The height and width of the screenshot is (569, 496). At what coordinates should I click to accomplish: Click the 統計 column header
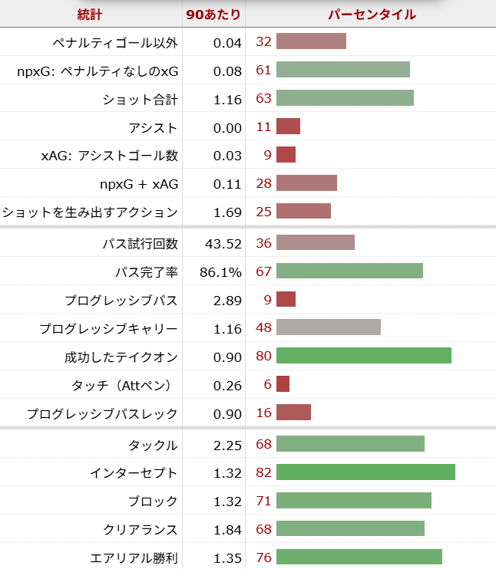pyautogui.click(x=90, y=14)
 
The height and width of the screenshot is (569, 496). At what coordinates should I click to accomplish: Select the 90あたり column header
pyautogui.click(x=214, y=14)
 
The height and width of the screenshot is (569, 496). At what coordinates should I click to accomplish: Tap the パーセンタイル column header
pyautogui.click(x=372, y=14)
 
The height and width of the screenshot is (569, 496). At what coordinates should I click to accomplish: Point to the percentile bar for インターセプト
pyautogui.click(x=365, y=472)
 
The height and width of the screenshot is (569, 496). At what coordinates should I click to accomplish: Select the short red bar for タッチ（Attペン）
pyautogui.click(x=283, y=384)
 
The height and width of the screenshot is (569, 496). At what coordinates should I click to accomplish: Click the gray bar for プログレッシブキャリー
pyautogui.click(x=328, y=328)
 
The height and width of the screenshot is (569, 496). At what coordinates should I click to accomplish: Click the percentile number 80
pyautogui.click(x=263, y=357)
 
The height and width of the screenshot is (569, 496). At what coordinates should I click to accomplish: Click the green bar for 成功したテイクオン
pyautogui.click(x=363, y=356)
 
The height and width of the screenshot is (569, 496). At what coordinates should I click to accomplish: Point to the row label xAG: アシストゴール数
pyautogui.click(x=109, y=156)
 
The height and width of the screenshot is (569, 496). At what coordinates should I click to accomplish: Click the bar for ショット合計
pyautogui.click(x=345, y=98)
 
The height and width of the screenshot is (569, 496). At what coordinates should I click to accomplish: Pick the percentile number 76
pyautogui.click(x=263, y=557)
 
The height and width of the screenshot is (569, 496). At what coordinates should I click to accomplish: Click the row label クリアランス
pyautogui.click(x=141, y=530)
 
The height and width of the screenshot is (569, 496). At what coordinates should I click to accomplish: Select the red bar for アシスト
pyautogui.click(x=288, y=127)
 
